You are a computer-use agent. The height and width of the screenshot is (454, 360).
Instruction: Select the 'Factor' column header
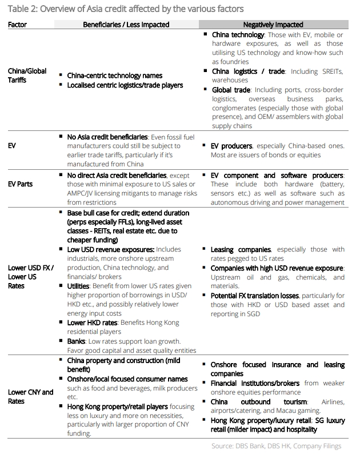pos(18,25)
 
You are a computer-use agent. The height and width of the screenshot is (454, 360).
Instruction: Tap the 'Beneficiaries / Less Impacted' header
pos(126,25)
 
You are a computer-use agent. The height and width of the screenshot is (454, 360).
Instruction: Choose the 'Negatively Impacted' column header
pos(273,25)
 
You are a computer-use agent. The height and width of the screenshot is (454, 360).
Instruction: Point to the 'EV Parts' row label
pos(21,184)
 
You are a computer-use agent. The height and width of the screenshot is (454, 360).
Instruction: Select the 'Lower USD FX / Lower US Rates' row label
pos(26,276)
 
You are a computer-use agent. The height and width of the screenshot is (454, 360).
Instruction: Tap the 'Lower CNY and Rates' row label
pos(30,396)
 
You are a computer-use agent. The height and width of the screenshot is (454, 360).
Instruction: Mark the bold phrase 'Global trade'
pos(231,90)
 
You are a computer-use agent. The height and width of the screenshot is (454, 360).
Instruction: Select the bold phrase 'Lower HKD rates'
pos(92,323)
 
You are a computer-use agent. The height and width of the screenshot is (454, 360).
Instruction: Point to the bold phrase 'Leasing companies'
pos(240,250)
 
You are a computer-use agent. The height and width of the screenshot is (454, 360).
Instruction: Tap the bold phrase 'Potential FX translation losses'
pos(254,296)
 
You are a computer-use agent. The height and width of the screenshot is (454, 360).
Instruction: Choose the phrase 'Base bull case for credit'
pos(107,212)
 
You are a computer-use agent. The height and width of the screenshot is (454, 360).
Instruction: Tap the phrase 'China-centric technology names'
pos(114,75)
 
